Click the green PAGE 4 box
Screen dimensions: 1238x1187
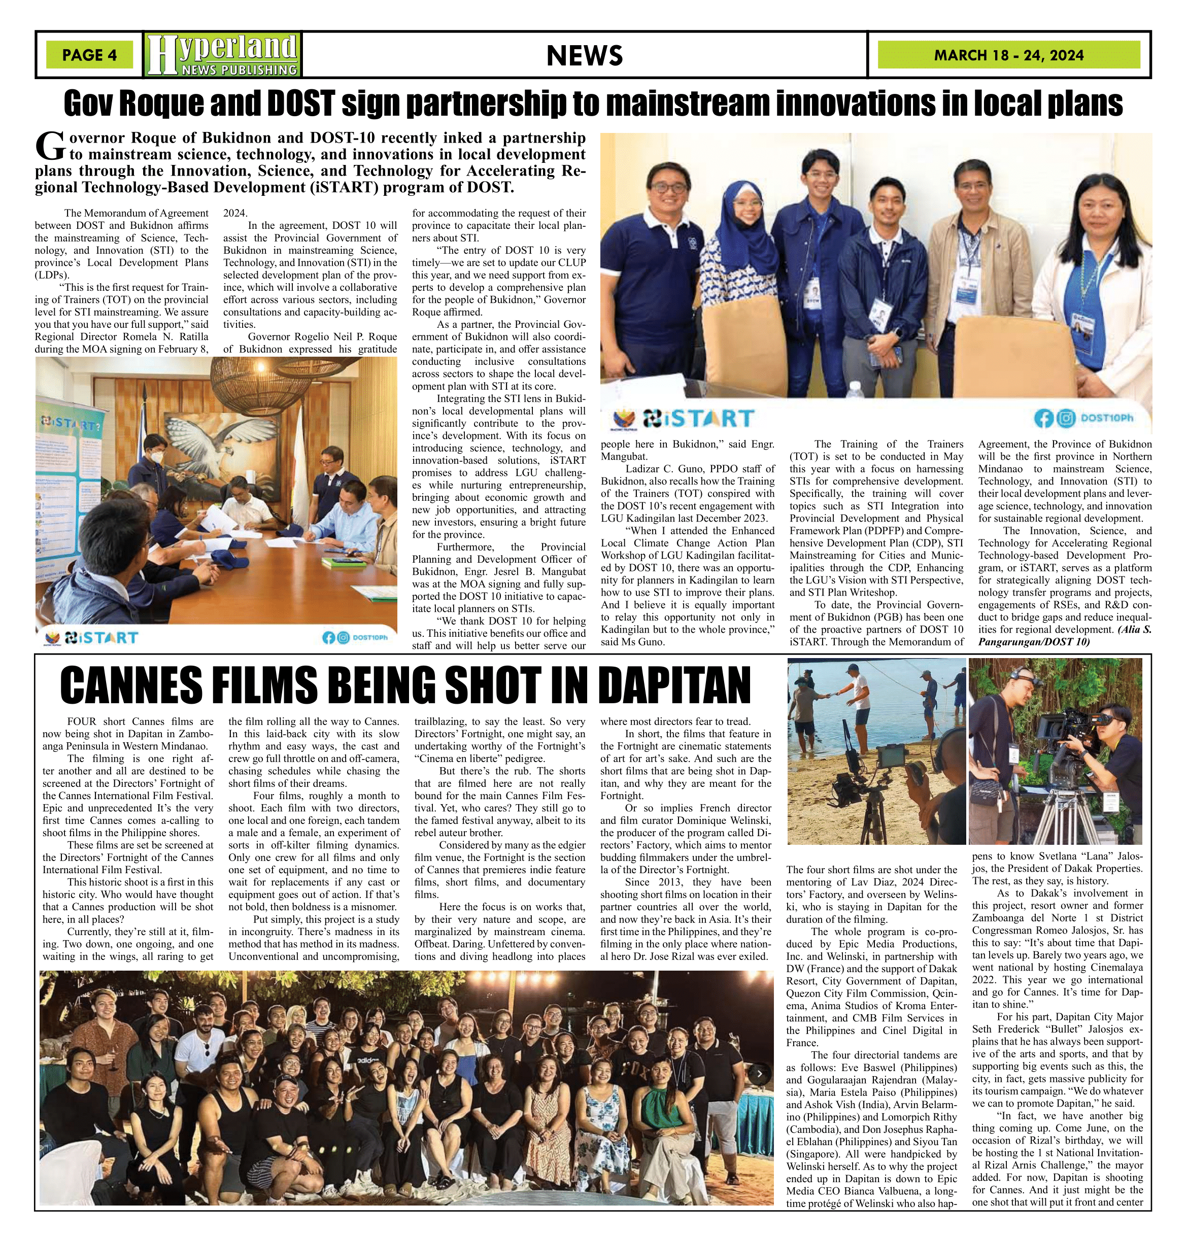[x=89, y=55]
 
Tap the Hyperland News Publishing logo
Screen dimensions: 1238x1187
[x=222, y=55]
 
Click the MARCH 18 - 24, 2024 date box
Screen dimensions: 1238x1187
[x=1008, y=55]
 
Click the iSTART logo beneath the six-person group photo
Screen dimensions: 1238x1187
[x=698, y=418]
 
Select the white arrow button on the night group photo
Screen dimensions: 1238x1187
[x=759, y=1073]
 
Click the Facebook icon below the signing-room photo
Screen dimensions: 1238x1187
[x=328, y=638]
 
